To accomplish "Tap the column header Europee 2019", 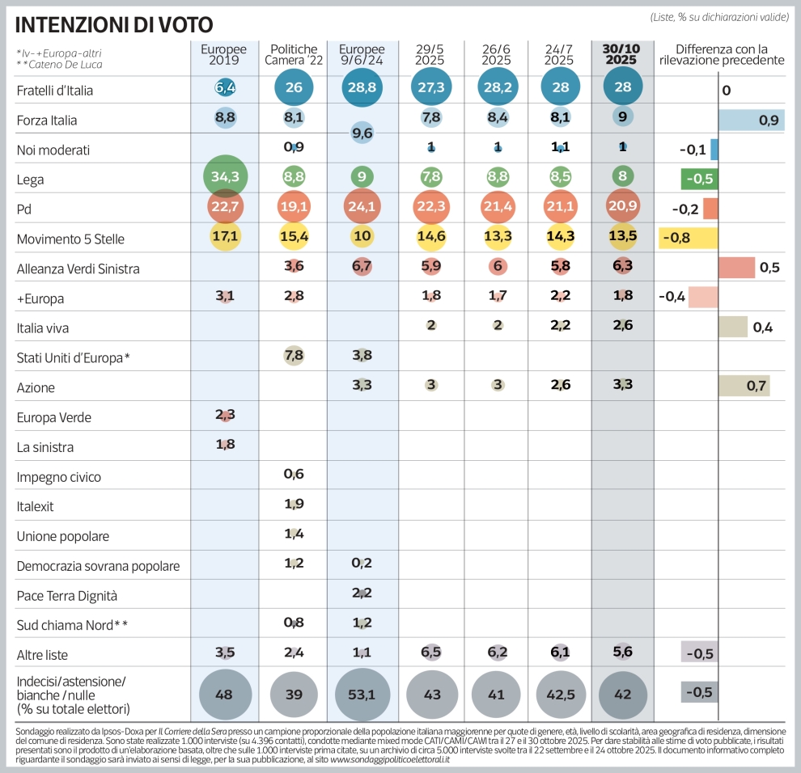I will pyautogui.click(x=224, y=54).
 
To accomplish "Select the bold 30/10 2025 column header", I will pyautogui.click(x=621, y=54).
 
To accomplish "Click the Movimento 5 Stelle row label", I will pyautogui.click(x=70, y=239).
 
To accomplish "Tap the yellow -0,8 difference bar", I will pyautogui.click(x=689, y=238).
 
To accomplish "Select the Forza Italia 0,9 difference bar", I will pyautogui.click(x=752, y=120).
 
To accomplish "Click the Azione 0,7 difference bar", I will pyautogui.click(x=744, y=386).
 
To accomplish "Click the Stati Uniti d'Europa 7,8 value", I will pyautogui.click(x=294, y=357).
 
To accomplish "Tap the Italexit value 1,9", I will pyautogui.click(x=294, y=505).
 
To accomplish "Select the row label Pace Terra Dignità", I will pyautogui.click(x=67, y=595).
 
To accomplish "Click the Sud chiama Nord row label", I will pyautogui.click(x=72, y=625).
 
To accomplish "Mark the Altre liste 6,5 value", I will pyautogui.click(x=430, y=653).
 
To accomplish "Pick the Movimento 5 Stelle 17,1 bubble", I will pyautogui.click(x=225, y=239).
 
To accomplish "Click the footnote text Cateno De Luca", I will pyautogui.click(x=64, y=64).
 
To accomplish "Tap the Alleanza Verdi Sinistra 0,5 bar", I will pyautogui.click(x=736, y=268).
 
